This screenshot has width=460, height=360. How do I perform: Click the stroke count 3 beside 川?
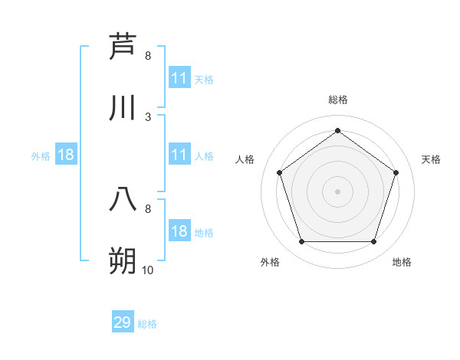(148, 116)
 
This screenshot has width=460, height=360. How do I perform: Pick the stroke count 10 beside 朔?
(148, 270)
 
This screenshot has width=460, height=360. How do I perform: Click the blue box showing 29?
(123, 322)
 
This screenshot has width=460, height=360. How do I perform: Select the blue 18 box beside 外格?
(66, 155)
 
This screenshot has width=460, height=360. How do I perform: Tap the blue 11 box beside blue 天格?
(179, 78)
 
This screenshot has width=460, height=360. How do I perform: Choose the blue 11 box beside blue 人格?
(179, 155)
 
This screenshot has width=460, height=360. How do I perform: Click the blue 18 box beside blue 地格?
(179, 231)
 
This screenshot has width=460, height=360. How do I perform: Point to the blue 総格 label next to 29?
(148, 324)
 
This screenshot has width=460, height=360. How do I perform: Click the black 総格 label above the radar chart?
(338, 100)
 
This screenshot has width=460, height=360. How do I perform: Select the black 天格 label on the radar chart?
(431, 159)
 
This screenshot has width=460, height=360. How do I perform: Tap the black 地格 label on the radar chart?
(402, 262)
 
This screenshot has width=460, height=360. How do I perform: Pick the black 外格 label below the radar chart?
(270, 262)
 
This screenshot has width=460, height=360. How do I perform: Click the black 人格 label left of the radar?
(245, 159)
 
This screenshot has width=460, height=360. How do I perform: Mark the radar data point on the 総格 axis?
(337, 130)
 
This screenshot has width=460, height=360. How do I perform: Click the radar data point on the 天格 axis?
(396, 172)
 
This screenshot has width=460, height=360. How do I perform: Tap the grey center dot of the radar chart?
(337, 191)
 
